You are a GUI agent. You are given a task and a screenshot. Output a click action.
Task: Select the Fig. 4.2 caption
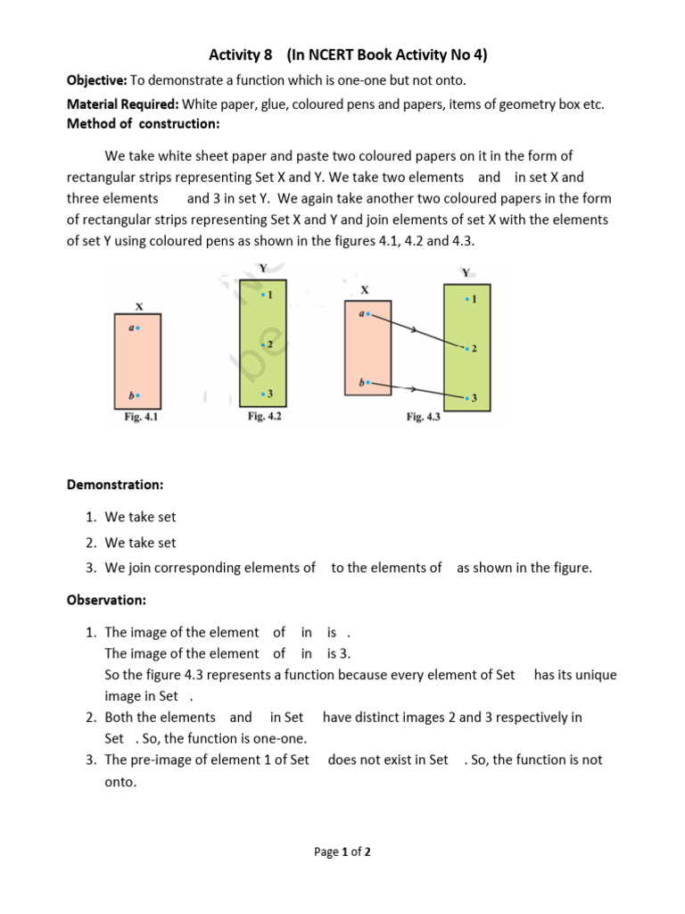tap(264, 416)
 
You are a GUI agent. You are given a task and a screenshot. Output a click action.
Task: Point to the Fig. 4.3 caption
tap(423, 416)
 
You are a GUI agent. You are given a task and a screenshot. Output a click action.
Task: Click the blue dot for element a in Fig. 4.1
tap(137, 328)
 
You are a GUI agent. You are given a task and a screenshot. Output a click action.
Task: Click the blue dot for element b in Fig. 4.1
tap(137, 395)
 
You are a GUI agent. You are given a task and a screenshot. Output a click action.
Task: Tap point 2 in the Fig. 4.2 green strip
tap(263, 345)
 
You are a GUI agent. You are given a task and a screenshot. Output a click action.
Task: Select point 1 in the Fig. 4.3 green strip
tap(467, 300)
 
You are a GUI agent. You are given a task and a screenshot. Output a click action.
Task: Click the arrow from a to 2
tap(415, 330)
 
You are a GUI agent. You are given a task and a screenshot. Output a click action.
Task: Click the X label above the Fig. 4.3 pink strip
tap(364, 290)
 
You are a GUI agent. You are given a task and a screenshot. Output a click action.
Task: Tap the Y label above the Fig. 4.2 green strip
tap(262, 267)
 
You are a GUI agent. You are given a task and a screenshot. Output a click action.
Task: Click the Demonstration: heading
tap(115, 485)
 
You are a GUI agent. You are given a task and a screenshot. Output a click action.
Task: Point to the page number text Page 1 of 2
tap(342, 852)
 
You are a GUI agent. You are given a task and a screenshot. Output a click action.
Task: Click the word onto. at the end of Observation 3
tap(120, 781)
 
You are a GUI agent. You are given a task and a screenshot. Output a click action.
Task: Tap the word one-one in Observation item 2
tap(284, 738)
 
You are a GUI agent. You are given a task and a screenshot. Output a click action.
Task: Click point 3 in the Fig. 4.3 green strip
tap(467, 397)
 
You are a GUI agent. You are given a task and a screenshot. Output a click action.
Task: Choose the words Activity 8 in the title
tap(241, 55)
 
